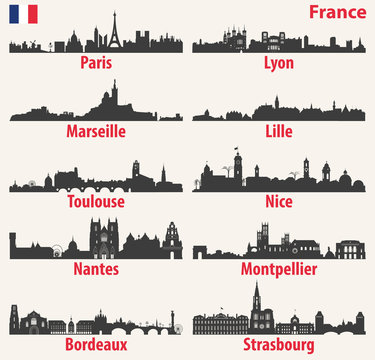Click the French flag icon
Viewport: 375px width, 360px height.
pyautogui.click(x=22, y=14)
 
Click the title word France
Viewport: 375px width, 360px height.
pyautogui.click(x=337, y=13)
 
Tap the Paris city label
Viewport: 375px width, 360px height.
pyautogui.click(x=96, y=62)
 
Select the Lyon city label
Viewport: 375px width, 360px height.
pyautogui.click(x=279, y=62)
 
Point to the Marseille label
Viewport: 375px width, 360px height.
pyautogui.click(x=96, y=131)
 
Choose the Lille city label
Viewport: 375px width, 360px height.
pyautogui.click(x=279, y=131)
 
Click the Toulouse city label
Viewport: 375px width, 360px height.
pyautogui.click(x=96, y=201)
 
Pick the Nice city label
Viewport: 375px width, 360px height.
pyautogui.click(x=279, y=201)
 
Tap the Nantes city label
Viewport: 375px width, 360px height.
pyautogui.click(x=96, y=269)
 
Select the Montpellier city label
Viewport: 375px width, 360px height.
pyautogui.click(x=279, y=269)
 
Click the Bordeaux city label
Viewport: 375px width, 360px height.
pyautogui.click(x=96, y=344)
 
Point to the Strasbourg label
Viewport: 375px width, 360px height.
pyautogui.click(x=279, y=344)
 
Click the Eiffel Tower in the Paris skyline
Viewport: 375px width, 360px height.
pyautogui.click(x=115, y=32)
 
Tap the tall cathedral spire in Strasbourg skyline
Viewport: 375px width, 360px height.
pyautogui.click(x=257, y=300)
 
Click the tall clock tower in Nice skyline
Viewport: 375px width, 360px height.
pyautogui.click(x=238, y=168)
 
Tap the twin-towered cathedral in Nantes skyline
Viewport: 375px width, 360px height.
pyautogui.click(x=104, y=238)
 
